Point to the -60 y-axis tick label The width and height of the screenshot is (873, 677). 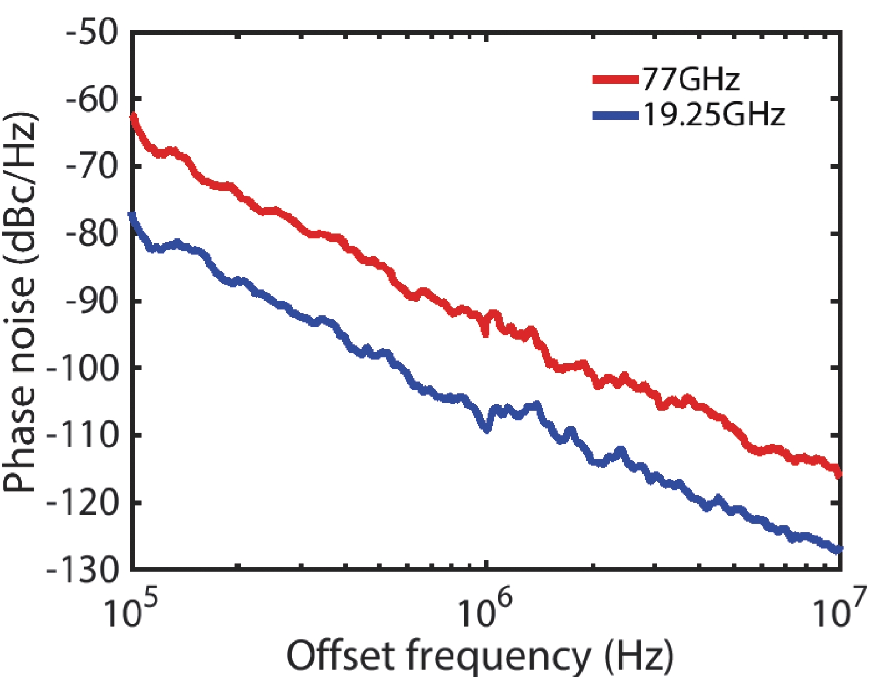click(92, 100)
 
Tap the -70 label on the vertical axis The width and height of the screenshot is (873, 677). click(92, 167)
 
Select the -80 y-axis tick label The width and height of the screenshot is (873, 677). click(92, 234)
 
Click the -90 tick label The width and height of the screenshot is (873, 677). click(92, 301)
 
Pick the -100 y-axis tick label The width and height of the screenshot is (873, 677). click(83, 368)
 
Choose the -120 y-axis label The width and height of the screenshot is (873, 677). click(83, 502)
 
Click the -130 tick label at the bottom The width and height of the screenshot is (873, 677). click(83, 569)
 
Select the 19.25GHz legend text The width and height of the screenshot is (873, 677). click(714, 115)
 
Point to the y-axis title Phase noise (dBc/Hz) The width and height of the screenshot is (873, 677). click(20, 302)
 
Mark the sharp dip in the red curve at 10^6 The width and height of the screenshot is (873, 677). click(486, 333)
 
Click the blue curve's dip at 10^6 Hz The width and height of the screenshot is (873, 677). click(487, 429)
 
